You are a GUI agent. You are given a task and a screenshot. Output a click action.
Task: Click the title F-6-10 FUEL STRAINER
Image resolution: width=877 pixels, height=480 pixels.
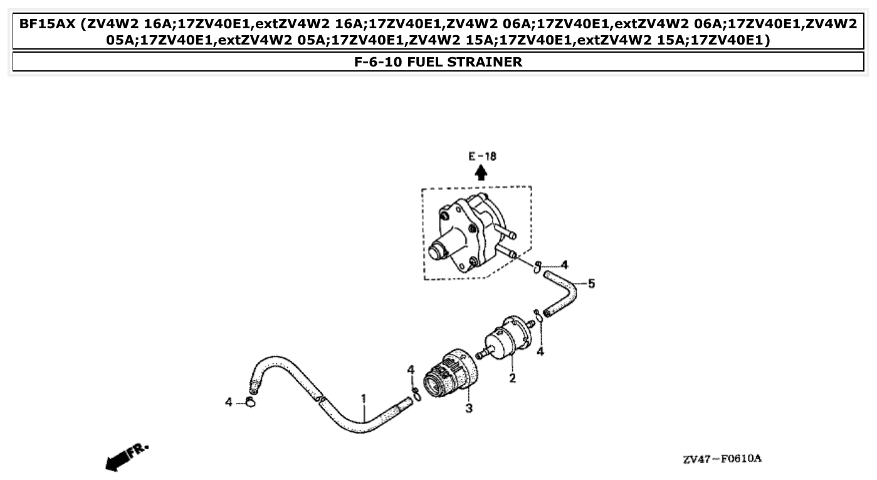click(438, 62)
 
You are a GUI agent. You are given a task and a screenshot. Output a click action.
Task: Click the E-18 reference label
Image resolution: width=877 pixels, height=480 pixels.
click(481, 156)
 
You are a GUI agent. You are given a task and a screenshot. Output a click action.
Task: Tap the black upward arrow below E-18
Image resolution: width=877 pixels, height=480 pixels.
click(481, 173)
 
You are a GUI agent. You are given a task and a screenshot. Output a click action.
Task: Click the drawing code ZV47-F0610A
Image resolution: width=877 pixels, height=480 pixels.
click(722, 459)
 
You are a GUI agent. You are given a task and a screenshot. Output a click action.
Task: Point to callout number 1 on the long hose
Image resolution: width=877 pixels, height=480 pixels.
click(362, 398)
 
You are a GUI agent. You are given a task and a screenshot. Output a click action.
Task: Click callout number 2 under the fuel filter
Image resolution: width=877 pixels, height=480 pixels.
click(512, 378)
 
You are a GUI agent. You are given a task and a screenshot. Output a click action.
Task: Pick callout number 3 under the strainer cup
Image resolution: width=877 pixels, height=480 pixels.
click(468, 409)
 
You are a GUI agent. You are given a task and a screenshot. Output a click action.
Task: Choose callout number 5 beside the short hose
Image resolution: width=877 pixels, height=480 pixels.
click(591, 284)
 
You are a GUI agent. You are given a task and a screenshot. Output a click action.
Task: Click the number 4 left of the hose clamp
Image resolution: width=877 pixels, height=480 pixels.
click(229, 402)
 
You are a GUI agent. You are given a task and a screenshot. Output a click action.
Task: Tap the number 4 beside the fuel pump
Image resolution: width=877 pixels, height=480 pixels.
click(564, 264)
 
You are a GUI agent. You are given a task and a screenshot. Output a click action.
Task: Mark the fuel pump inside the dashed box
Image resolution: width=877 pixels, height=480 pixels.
click(470, 232)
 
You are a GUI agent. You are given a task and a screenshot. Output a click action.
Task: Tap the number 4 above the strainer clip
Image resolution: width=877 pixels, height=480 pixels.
click(411, 370)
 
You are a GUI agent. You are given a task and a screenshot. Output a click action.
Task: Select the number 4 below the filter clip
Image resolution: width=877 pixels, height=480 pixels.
click(540, 351)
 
